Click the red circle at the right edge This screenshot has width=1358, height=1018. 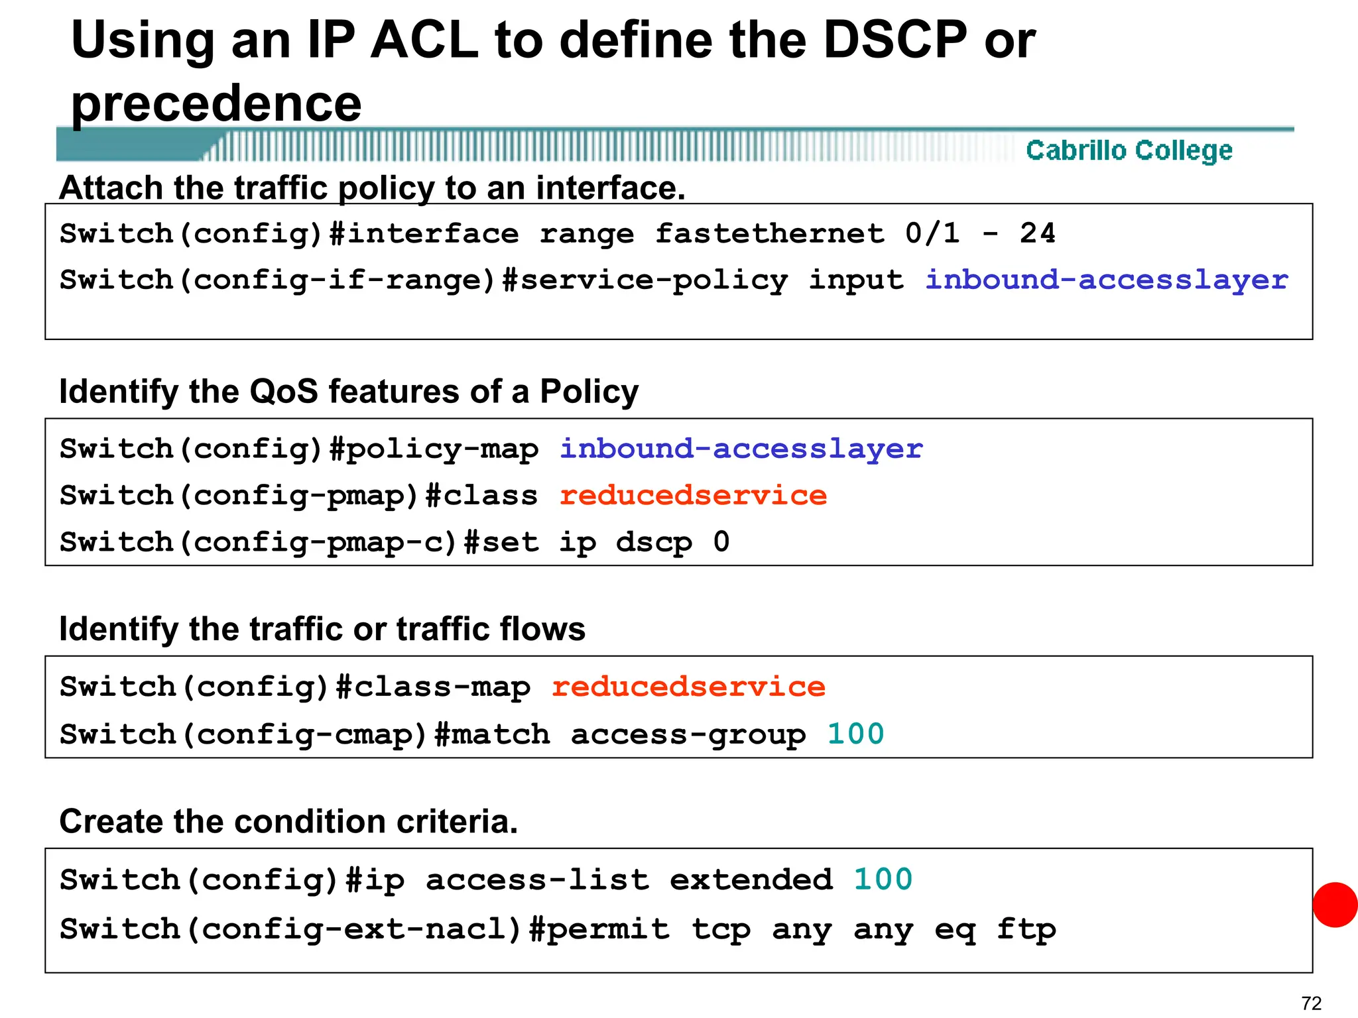[x=1335, y=905]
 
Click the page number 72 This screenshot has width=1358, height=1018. [x=1311, y=1003]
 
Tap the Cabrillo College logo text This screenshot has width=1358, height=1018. [x=1129, y=150]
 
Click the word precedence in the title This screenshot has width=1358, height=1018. [x=216, y=103]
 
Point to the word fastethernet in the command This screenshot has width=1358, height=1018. [x=770, y=233]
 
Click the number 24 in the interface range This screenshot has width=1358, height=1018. [x=1037, y=233]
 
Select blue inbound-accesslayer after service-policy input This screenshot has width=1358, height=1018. [x=1107, y=280]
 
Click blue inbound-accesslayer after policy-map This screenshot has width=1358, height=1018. [x=741, y=449]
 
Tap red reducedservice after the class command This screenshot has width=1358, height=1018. [x=693, y=495]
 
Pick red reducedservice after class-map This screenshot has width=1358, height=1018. [x=688, y=687]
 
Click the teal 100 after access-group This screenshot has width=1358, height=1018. [x=855, y=734]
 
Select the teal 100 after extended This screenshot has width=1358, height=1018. [x=883, y=879]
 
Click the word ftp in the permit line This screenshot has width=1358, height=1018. [x=1026, y=929]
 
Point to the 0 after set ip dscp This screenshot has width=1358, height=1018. [x=721, y=541]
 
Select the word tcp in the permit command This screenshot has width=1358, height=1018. [x=721, y=929]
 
